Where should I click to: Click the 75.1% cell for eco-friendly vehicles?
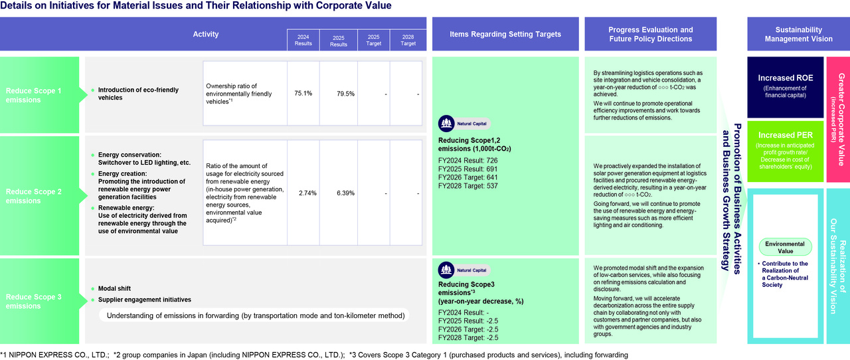point(303,94)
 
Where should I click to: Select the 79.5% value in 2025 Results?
point(345,94)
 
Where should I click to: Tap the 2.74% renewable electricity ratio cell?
point(307,193)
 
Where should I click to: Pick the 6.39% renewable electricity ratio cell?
point(345,193)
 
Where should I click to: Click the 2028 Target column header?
point(408,40)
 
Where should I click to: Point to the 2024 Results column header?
point(303,40)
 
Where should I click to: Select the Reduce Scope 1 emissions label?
point(33,95)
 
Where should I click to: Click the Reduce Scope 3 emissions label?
point(33,301)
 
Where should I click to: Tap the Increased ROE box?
point(785,87)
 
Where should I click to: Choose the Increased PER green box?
point(785,151)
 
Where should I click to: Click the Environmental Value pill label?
point(785,247)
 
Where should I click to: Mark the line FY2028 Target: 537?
point(468,186)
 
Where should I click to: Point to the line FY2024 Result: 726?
point(468,160)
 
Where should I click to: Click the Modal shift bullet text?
point(114,288)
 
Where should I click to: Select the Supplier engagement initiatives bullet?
point(145,300)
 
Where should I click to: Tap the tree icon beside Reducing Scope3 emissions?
point(446,270)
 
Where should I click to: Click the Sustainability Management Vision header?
point(798,34)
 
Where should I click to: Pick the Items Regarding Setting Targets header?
point(505,34)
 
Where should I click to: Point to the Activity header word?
point(206,34)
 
